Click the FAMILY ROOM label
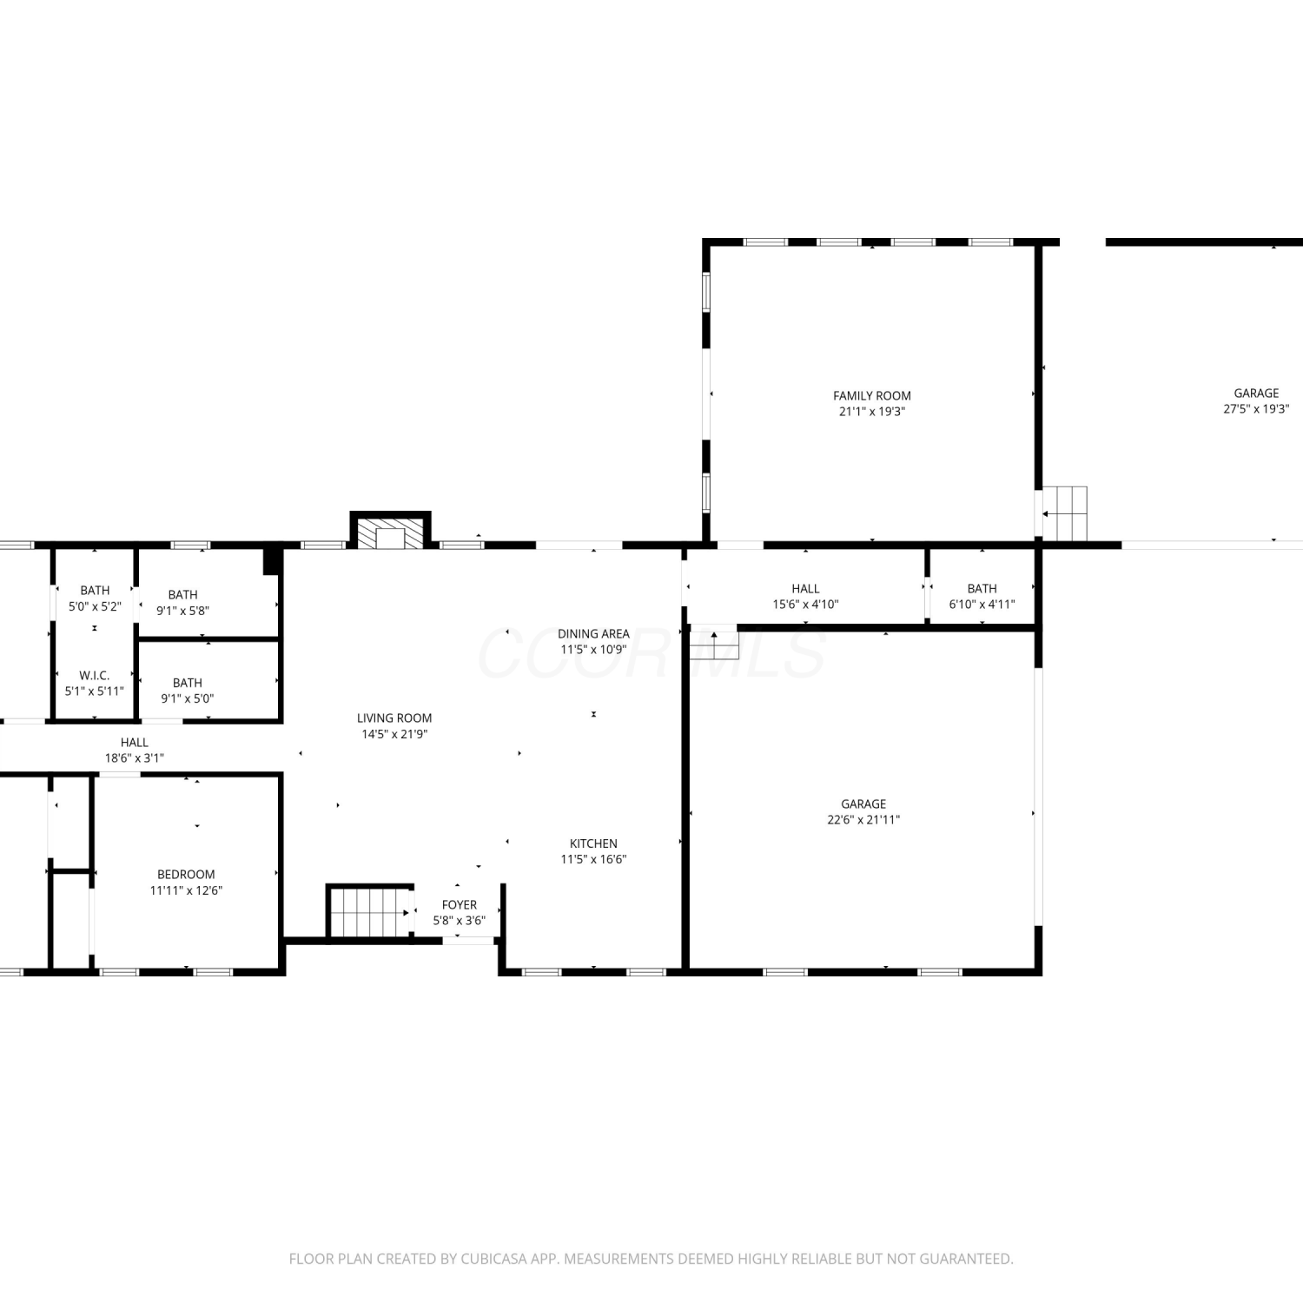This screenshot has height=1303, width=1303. point(872,396)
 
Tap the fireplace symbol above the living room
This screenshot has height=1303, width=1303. point(390,531)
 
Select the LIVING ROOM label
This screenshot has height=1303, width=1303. point(394,718)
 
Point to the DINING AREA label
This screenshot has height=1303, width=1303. point(593,634)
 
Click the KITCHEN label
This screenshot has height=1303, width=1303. point(593,843)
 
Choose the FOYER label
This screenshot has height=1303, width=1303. point(460,905)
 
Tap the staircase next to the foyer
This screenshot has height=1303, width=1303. point(370,911)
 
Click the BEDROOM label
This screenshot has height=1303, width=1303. point(186,875)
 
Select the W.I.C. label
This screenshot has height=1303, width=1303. point(95,676)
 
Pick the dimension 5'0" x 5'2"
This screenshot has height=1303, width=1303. point(95,606)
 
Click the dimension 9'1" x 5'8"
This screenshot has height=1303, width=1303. point(182,611)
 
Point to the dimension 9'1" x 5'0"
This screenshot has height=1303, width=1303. point(187,698)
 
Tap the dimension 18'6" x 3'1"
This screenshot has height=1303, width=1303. point(135,758)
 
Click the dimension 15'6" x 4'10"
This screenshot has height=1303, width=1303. point(805,605)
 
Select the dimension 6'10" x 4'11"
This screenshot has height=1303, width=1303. point(982,605)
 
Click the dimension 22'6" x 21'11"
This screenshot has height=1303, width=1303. point(863,820)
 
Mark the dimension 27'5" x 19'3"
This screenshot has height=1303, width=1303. point(1256,409)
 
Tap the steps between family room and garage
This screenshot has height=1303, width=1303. point(1065,513)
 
